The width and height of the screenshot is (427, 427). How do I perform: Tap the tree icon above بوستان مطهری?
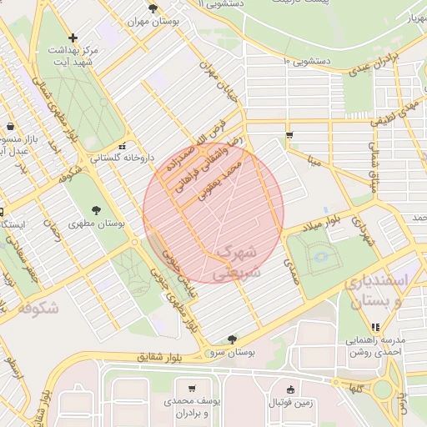pos(98,209)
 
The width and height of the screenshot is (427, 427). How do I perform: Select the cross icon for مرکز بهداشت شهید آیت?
pos(73,38)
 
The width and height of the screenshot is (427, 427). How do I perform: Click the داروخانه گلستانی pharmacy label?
pos(98,157)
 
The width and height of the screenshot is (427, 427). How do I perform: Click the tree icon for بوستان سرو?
pos(232,339)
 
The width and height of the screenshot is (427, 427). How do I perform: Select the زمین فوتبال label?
pos(289,403)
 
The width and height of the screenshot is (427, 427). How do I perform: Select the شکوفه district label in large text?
pos(38,309)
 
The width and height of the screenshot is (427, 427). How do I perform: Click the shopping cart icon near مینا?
pos(289,134)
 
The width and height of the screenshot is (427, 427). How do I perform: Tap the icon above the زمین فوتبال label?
pos(289,389)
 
